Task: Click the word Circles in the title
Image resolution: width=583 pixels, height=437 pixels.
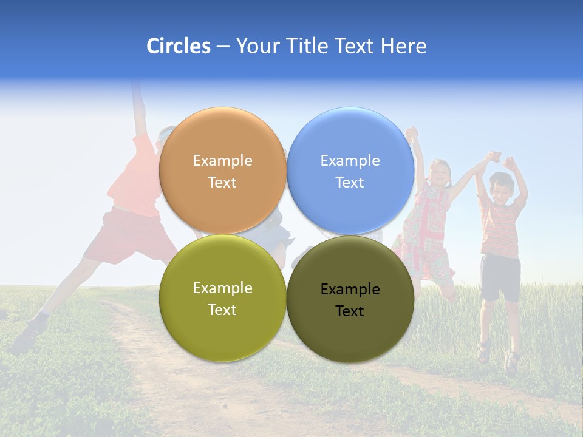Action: point(179,46)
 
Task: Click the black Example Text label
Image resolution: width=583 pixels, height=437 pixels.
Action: point(350,300)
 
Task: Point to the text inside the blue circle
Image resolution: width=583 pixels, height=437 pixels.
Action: point(350,171)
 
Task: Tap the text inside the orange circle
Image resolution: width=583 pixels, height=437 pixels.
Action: point(222,171)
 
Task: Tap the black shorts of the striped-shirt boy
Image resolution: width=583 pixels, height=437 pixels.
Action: point(500,277)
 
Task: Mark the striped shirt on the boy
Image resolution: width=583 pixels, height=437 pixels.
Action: point(500,228)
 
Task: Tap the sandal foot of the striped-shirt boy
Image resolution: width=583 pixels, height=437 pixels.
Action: point(484,352)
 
